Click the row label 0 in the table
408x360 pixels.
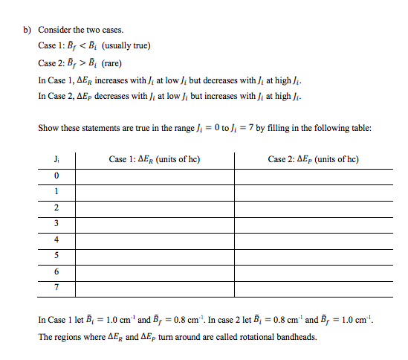(56, 175)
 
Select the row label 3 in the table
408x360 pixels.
(56, 222)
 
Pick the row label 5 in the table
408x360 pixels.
(56, 255)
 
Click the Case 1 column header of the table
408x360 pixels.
(154, 158)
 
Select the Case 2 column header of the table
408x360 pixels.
(313, 158)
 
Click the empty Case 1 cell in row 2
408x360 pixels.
(154, 207)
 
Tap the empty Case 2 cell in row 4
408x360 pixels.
(313, 239)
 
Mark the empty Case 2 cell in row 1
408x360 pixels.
(313, 190)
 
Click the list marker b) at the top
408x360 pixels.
(25, 30)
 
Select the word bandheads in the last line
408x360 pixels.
(295, 335)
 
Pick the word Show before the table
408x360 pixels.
(47, 128)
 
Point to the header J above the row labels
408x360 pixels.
(56, 158)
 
